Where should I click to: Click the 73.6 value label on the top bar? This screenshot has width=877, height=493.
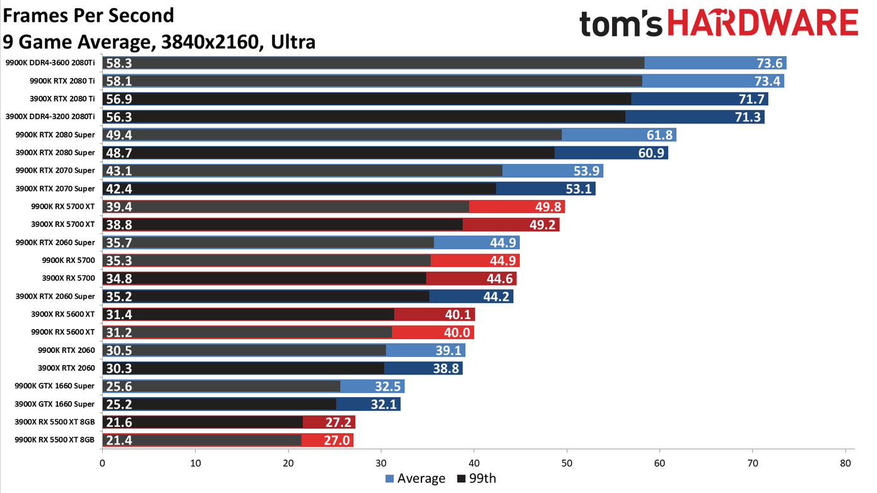point(770,63)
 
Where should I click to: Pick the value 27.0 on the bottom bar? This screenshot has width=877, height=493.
point(336,440)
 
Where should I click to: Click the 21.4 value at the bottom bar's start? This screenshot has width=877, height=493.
point(119,440)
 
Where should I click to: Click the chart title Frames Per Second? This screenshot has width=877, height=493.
point(88,14)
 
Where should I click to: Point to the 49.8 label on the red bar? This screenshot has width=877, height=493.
point(548,207)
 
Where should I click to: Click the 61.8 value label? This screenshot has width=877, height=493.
point(659,135)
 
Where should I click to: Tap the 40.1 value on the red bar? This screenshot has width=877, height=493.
point(458,315)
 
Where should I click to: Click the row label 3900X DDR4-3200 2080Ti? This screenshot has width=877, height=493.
point(50,117)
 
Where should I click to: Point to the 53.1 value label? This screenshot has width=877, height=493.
point(579,188)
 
